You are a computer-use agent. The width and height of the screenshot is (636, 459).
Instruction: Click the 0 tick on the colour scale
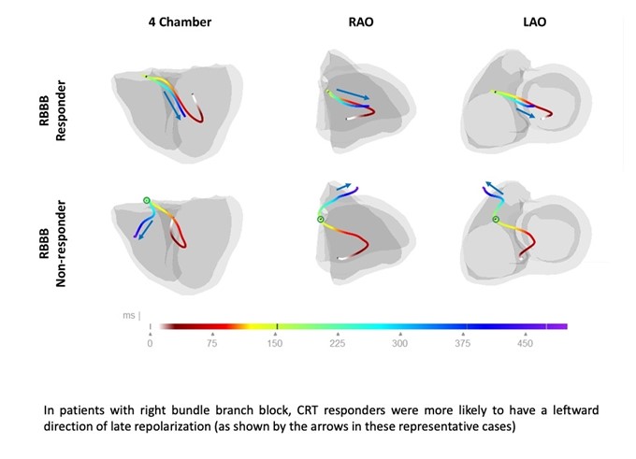(x=150, y=343)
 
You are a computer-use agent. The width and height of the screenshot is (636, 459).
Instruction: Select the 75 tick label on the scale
(x=212, y=343)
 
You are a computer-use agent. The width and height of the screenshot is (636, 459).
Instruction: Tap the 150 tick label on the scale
(x=276, y=343)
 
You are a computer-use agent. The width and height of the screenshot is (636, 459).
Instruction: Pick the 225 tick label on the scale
(x=338, y=343)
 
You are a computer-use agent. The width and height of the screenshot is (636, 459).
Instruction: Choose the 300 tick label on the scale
(x=400, y=343)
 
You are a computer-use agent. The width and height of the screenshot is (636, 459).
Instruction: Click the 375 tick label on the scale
(x=463, y=343)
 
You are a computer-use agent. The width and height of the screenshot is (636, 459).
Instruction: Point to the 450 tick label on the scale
(x=526, y=343)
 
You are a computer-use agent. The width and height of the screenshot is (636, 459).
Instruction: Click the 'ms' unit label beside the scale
(x=129, y=317)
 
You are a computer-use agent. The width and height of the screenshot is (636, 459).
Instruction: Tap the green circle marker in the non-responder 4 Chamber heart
(x=146, y=201)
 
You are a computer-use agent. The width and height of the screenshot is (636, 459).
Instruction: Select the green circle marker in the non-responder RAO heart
(x=321, y=220)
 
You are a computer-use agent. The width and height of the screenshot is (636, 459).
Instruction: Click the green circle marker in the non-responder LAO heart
(x=496, y=220)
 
